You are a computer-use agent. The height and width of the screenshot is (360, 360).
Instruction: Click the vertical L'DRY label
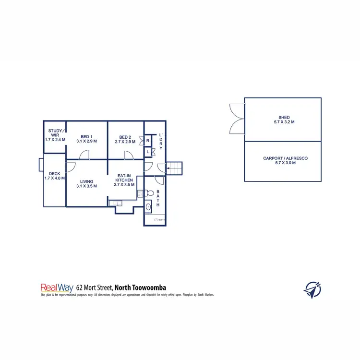coord(161,142)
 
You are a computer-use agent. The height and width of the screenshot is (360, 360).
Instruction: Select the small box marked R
coord(148,141)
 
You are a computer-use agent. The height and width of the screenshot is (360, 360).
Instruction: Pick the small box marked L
coord(148,152)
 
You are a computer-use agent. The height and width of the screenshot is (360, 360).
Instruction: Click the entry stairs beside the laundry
coord(175,168)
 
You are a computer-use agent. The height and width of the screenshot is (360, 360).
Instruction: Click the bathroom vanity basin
coord(148,207)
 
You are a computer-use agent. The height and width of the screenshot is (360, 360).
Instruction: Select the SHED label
coord(283,120)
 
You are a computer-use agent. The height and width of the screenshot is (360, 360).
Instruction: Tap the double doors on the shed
coord(237,119)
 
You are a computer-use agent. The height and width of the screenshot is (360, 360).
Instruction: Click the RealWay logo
coord(56,288)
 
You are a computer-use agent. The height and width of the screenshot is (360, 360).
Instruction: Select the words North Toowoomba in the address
coord(140,288)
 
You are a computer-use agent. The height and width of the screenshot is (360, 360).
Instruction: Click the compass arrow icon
coord(312,289)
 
